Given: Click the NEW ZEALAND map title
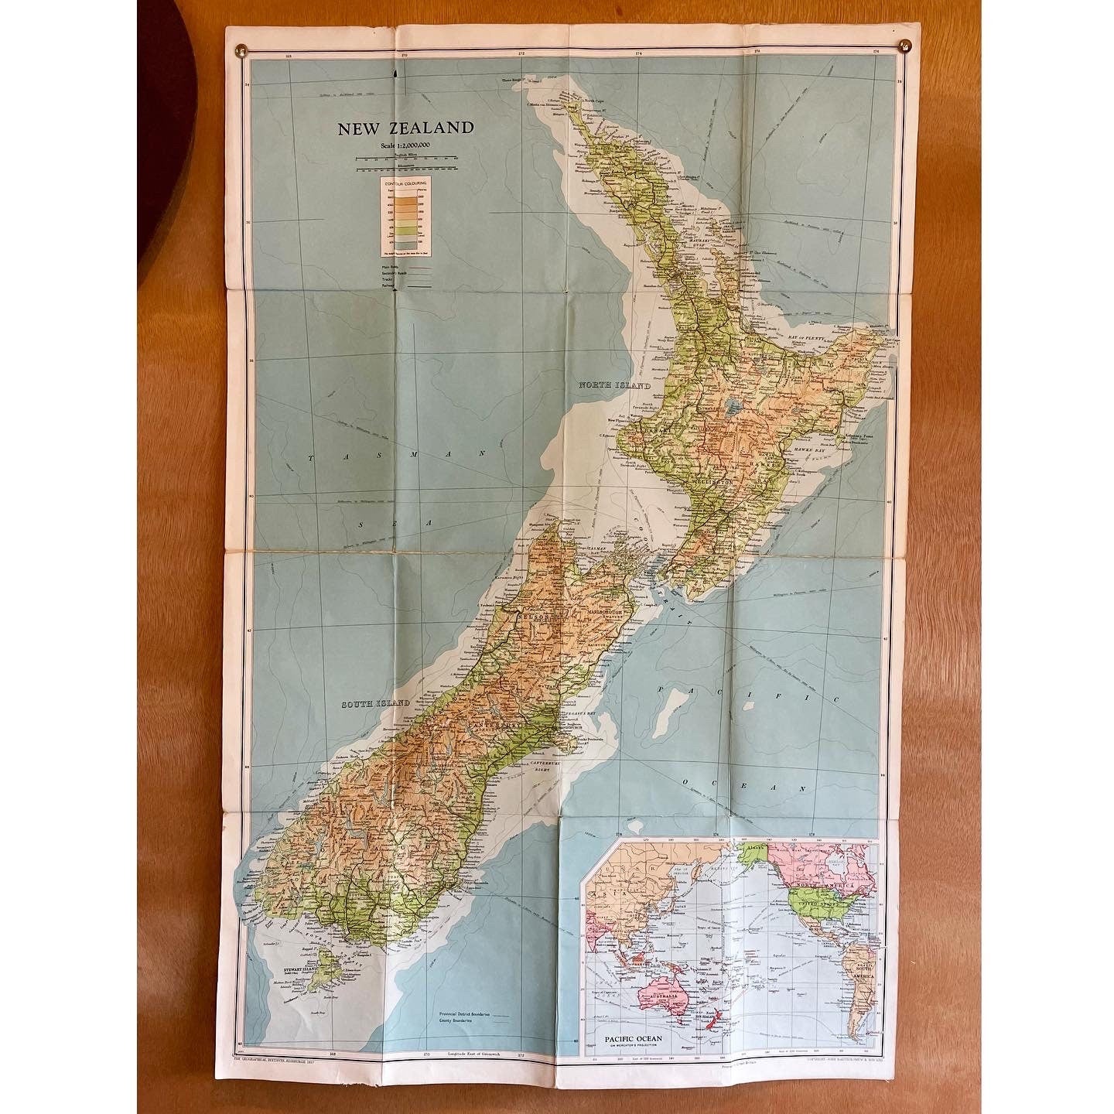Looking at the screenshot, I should click(x=403, y=128).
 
